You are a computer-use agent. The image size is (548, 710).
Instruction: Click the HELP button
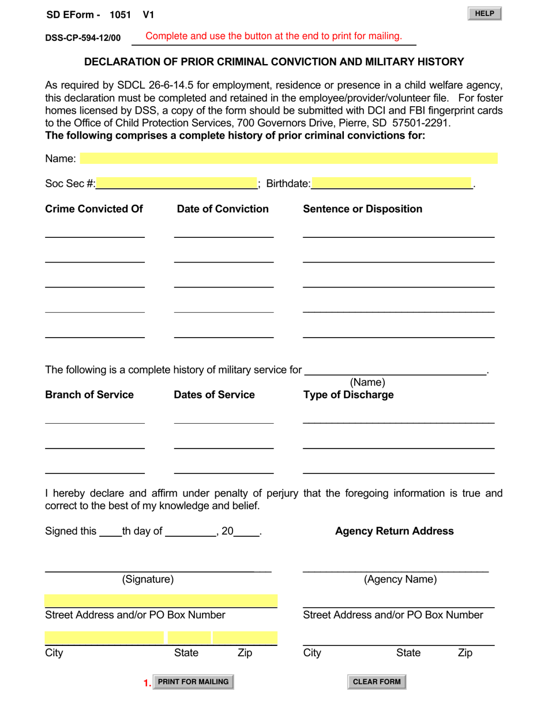point(485,14)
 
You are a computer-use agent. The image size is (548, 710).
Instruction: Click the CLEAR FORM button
point(377,682)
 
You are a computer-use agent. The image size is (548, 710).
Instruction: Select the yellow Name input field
point(288,159)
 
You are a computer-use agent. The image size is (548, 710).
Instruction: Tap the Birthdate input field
point(392,184)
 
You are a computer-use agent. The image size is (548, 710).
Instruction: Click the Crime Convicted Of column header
point(94,209)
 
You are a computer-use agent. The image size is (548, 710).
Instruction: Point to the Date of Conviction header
point(223,209)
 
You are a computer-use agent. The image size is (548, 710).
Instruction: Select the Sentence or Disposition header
point(362,209)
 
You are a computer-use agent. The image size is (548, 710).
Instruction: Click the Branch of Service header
point(89,395)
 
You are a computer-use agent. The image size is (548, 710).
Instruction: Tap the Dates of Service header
point(214,395)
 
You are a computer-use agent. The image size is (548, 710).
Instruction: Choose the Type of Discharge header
point(348,395)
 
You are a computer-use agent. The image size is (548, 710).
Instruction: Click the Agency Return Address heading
point(395,531)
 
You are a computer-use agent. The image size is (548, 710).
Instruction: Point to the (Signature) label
point(148,580)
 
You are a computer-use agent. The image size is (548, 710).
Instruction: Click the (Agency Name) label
point(400,580)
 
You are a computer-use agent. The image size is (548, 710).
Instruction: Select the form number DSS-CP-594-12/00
point(83,38)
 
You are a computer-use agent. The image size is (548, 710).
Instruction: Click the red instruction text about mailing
point(274,36)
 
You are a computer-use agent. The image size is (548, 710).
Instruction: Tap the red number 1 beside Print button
point(147,683)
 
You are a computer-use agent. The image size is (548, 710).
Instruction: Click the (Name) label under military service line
point(367,382)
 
